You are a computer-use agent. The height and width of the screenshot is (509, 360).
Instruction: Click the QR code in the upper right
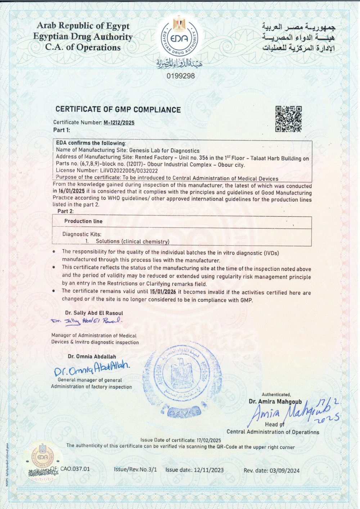coord(288,119)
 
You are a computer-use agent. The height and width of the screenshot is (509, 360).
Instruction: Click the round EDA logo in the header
coord(179,38)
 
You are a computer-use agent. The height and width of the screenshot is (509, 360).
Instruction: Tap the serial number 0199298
coord(181,76)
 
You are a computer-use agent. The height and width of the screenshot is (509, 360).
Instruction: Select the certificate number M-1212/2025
coord(119,123)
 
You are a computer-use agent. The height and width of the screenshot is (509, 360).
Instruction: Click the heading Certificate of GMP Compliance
coord(118,110)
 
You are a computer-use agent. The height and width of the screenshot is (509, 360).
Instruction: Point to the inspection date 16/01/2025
coord(72,191)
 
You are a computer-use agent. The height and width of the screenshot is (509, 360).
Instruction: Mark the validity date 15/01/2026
coord(163,292)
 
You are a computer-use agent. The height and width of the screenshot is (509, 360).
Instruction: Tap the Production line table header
coord(84,221)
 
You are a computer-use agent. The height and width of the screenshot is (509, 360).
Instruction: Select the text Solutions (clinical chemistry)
coord(132,241)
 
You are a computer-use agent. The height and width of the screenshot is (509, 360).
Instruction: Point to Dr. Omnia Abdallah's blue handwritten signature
coord(92,368)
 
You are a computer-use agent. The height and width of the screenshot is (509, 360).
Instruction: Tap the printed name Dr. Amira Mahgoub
coord(275,401)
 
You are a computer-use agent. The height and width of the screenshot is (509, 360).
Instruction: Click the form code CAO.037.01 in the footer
coord(75,469)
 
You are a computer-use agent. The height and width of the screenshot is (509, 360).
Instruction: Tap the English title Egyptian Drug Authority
coord(83,37)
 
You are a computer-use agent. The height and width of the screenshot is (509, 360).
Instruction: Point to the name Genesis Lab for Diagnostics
coord(164,151)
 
